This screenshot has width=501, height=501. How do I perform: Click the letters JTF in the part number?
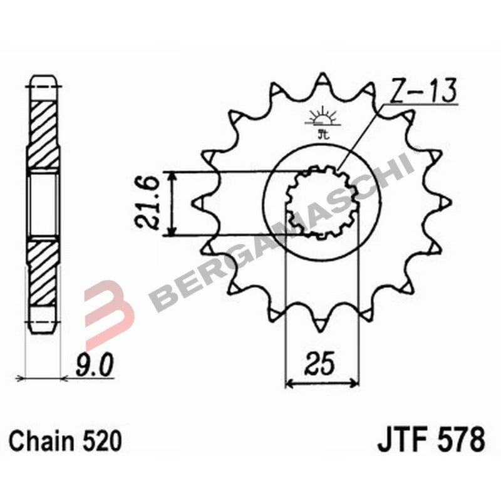click(400, 440)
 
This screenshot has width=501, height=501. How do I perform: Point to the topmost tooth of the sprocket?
click(322, 80)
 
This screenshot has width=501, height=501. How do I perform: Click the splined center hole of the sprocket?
click(322, 202)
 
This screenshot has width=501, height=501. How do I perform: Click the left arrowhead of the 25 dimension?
click(289, 382)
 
